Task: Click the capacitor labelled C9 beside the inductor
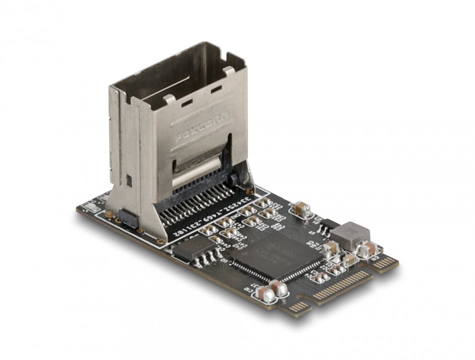367,249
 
